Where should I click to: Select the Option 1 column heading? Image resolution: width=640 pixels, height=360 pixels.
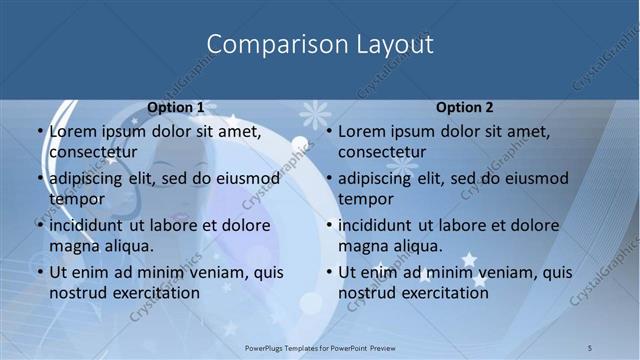coord(176,107)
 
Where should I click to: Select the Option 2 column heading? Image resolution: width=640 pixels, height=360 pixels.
coord(464,107)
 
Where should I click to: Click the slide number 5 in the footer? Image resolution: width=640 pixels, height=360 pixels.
coord(590,347)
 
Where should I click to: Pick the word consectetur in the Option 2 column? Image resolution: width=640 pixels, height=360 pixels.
coord(382,152)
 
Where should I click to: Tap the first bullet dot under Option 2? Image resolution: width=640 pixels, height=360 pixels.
coord(329,131)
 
